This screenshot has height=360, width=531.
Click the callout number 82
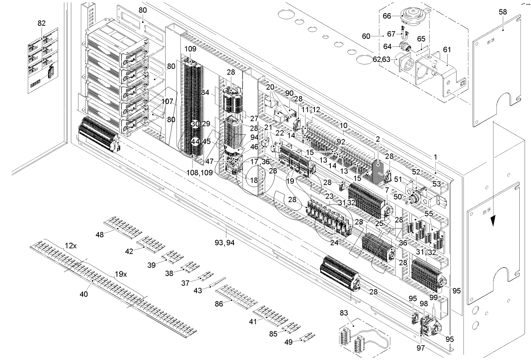tap(41, 23)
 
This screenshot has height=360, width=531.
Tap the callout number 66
tap(387, 16)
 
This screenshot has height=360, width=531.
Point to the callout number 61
tap(447, 49)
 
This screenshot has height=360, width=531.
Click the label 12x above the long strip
tap(71, 245)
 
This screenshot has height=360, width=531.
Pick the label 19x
tap(121, 274)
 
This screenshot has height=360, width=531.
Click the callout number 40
tap(84, 294)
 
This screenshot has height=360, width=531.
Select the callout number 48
tap(100, 234)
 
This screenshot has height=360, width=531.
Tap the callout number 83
tap(344, 313)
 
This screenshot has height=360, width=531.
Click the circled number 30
tap(195, 124)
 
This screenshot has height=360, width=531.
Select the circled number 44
tap(195, 142)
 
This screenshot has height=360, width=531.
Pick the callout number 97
tap(421, 348)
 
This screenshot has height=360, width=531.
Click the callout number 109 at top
tap(190, 49)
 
